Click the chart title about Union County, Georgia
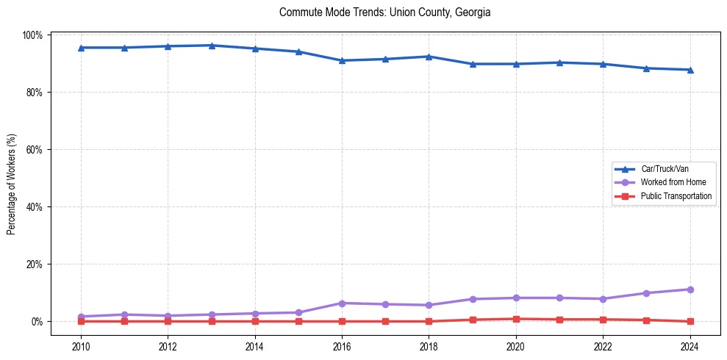coord(384,12)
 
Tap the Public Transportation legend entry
coord(676,196)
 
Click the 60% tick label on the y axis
coord(35,150)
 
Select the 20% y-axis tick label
coord(35,264)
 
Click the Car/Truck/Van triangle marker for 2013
coord(211,46)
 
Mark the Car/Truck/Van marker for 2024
coord(690,70)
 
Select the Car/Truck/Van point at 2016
coord(342,60)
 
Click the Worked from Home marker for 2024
coord(690,289)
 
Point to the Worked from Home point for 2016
coord(342,303)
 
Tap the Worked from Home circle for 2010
coord(81,317)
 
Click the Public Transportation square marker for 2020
coord(516,319)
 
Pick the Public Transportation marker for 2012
coord(168,321)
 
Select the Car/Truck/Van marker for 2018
coord(429,57)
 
